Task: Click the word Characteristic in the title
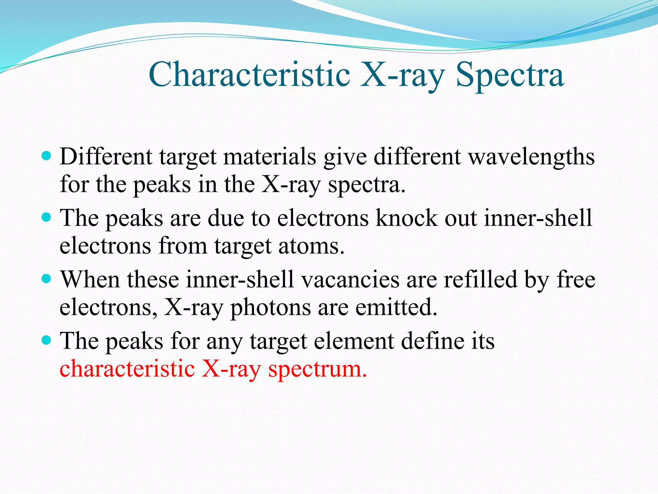pyautogui.click(x=249, y=75)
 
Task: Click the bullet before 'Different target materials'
pyautogui.click(x=47, y=157)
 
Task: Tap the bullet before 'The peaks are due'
pyautogui.click(x=47, y=218)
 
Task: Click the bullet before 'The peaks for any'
pyautogui.click(x=47, y=340)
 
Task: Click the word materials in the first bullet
pyautogui.click(x=270, y=157)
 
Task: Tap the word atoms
pyautogui.click(x=311, y=246)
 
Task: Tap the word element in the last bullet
pyautogui.click(x=354, y=341)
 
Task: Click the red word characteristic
pyautogui.click(x=127, y=369)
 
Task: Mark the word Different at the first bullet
pyautogui.click(x=106, y=157)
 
